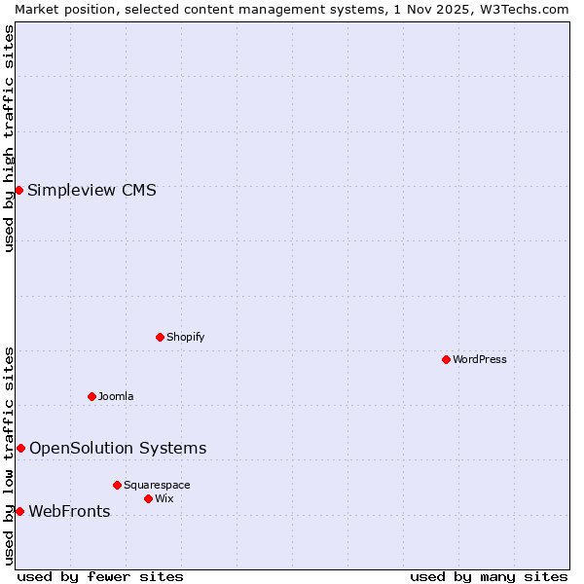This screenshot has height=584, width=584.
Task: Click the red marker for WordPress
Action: (447, 359)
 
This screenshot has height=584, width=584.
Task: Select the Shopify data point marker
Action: (161, 337)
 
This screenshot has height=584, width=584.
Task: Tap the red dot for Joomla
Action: (92, 396)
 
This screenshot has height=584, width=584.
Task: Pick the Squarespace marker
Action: (118, 485)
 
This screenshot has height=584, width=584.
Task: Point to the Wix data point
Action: (149, 498)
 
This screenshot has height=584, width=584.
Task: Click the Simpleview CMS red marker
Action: (19, 190)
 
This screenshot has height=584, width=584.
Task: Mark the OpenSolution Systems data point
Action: (20, 448)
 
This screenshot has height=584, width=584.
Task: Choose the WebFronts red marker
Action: (19, 511)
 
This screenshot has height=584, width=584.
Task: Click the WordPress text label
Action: (480, 359)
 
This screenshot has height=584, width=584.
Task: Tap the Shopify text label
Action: (185, 337)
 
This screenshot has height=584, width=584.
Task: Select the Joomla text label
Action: (116, 396)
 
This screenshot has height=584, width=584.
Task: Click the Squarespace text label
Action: (157, 485)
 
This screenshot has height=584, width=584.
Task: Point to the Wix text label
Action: (164, 498)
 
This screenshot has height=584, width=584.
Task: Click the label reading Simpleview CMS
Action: (91, 190)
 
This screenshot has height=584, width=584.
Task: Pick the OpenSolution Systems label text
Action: (118, 448)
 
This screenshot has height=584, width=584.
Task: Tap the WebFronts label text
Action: (69, 511)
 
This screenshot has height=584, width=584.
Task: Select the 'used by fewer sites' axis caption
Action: (100, 576)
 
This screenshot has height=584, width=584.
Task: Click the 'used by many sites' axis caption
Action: (489, 576)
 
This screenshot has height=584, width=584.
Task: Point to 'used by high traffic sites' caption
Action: (9, 139)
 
